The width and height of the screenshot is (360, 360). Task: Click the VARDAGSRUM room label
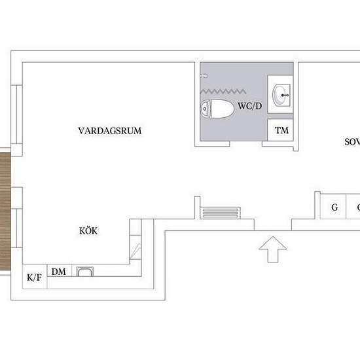coord(109,131)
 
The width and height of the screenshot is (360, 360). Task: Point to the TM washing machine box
coord(281,131)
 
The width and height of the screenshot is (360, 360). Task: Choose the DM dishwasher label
coord(59,272)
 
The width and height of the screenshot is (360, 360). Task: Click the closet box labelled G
coord(334,208)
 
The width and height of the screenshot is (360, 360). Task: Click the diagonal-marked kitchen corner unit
coord(136,249)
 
